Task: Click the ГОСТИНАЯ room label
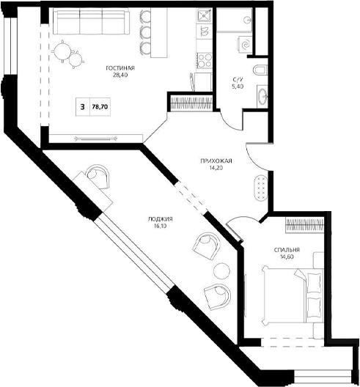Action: (120, 68)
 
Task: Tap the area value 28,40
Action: (120, 75)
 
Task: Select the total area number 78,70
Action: (100, 107)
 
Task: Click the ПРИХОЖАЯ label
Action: (216, 161)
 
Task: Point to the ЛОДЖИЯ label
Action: (161, 219)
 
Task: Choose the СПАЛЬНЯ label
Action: (287, 250)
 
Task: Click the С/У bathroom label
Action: (238, 79)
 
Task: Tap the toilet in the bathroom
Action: (260, 70)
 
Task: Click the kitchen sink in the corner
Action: (205, 15)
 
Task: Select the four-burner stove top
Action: (205, 60)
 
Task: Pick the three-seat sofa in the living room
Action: (91, 21)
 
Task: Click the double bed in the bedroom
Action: (293, 295)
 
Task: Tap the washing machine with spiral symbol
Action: (245, 45)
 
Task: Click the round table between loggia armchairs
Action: (221, 271)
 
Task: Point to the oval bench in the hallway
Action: (262, 188)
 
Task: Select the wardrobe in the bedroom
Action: (304, 225)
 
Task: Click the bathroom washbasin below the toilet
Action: (262, 97)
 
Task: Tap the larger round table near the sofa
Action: (63, 51)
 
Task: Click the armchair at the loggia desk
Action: (98, 176)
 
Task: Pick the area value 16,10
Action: (161, 226)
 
